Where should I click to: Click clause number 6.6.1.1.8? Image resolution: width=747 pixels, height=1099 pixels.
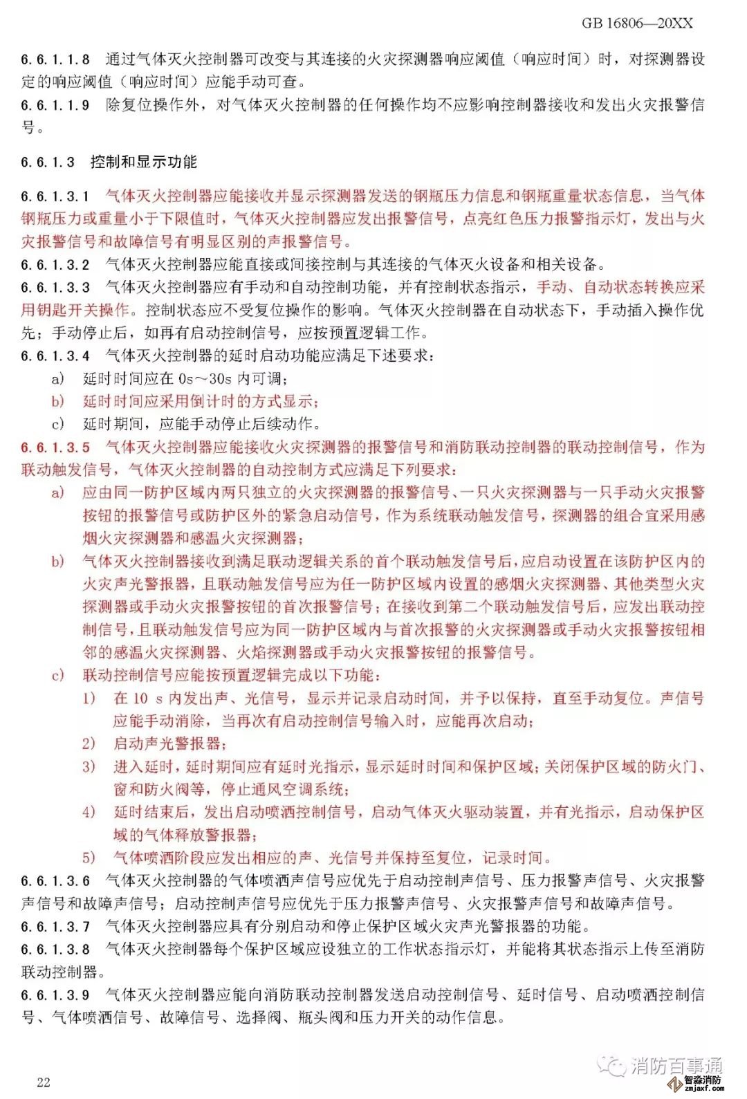[55, 59]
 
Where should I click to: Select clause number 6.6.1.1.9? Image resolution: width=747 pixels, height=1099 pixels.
[55, 105]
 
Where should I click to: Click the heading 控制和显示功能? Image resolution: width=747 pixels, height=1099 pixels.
[143, 162]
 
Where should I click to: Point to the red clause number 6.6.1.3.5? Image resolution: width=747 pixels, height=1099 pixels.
[55, 447]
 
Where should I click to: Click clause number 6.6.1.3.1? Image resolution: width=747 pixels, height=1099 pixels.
[55, 196]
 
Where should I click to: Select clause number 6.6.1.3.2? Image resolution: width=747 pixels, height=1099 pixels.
[55, 265]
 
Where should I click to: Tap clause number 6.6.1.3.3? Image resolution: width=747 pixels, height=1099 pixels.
[55, 288]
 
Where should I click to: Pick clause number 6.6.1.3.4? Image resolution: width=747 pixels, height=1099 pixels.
[55, 356]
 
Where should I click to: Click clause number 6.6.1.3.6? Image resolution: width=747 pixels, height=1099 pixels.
[55, 881]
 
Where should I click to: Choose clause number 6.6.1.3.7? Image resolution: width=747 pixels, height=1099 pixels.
[55, 927]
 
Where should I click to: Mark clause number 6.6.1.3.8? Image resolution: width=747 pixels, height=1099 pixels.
[55, 950]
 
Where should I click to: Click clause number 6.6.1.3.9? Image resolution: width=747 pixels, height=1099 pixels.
[55, 995]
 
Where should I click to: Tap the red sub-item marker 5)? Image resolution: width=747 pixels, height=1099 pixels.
[89, 858]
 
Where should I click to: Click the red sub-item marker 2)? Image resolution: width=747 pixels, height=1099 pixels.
[89, 744]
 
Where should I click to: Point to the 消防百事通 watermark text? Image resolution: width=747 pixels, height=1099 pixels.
[676, 1065]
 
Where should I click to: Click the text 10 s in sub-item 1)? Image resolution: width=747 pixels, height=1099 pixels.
[148, 699]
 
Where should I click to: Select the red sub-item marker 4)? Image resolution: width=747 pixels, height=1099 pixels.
[89, 813]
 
